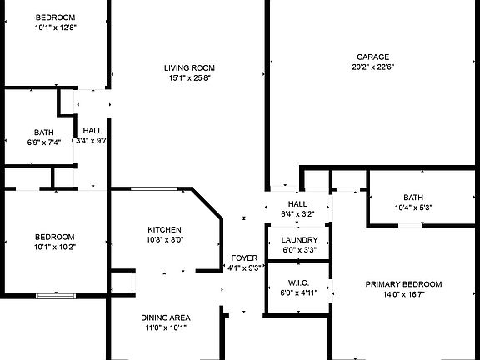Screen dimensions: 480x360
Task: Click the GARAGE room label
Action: (x=372, y=57)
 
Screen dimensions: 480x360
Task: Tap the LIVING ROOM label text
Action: (x=189, y=68)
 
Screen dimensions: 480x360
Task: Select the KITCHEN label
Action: (x=164, y=230)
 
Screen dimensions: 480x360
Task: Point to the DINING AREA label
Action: (x=166, y=317)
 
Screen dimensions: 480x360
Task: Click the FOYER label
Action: (x=244, y=258)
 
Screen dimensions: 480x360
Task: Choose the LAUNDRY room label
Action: (x=299, y=240)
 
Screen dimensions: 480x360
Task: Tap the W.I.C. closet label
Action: (x=299, y=282)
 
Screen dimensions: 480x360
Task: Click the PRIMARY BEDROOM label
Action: (x=403, y=284)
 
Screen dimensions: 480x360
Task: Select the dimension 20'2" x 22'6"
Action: (x=372, y=67)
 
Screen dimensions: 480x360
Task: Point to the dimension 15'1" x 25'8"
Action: (x=190, y=78)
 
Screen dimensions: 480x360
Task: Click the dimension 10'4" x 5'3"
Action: (x=413, y=207)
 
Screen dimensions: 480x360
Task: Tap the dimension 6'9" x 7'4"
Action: (x=44, y=142)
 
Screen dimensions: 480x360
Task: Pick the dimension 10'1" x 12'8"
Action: (x=55, y=27)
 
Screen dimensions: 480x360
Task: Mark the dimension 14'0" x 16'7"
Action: (x=404, y=294)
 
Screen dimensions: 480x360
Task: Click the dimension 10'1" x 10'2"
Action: (x=55, y=247)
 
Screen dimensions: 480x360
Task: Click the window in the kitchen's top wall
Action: (x=154, y=188)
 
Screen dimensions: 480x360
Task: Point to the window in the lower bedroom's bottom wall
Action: (x=56, y=296)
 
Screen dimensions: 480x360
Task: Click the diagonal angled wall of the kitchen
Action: (x=207, y=203)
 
